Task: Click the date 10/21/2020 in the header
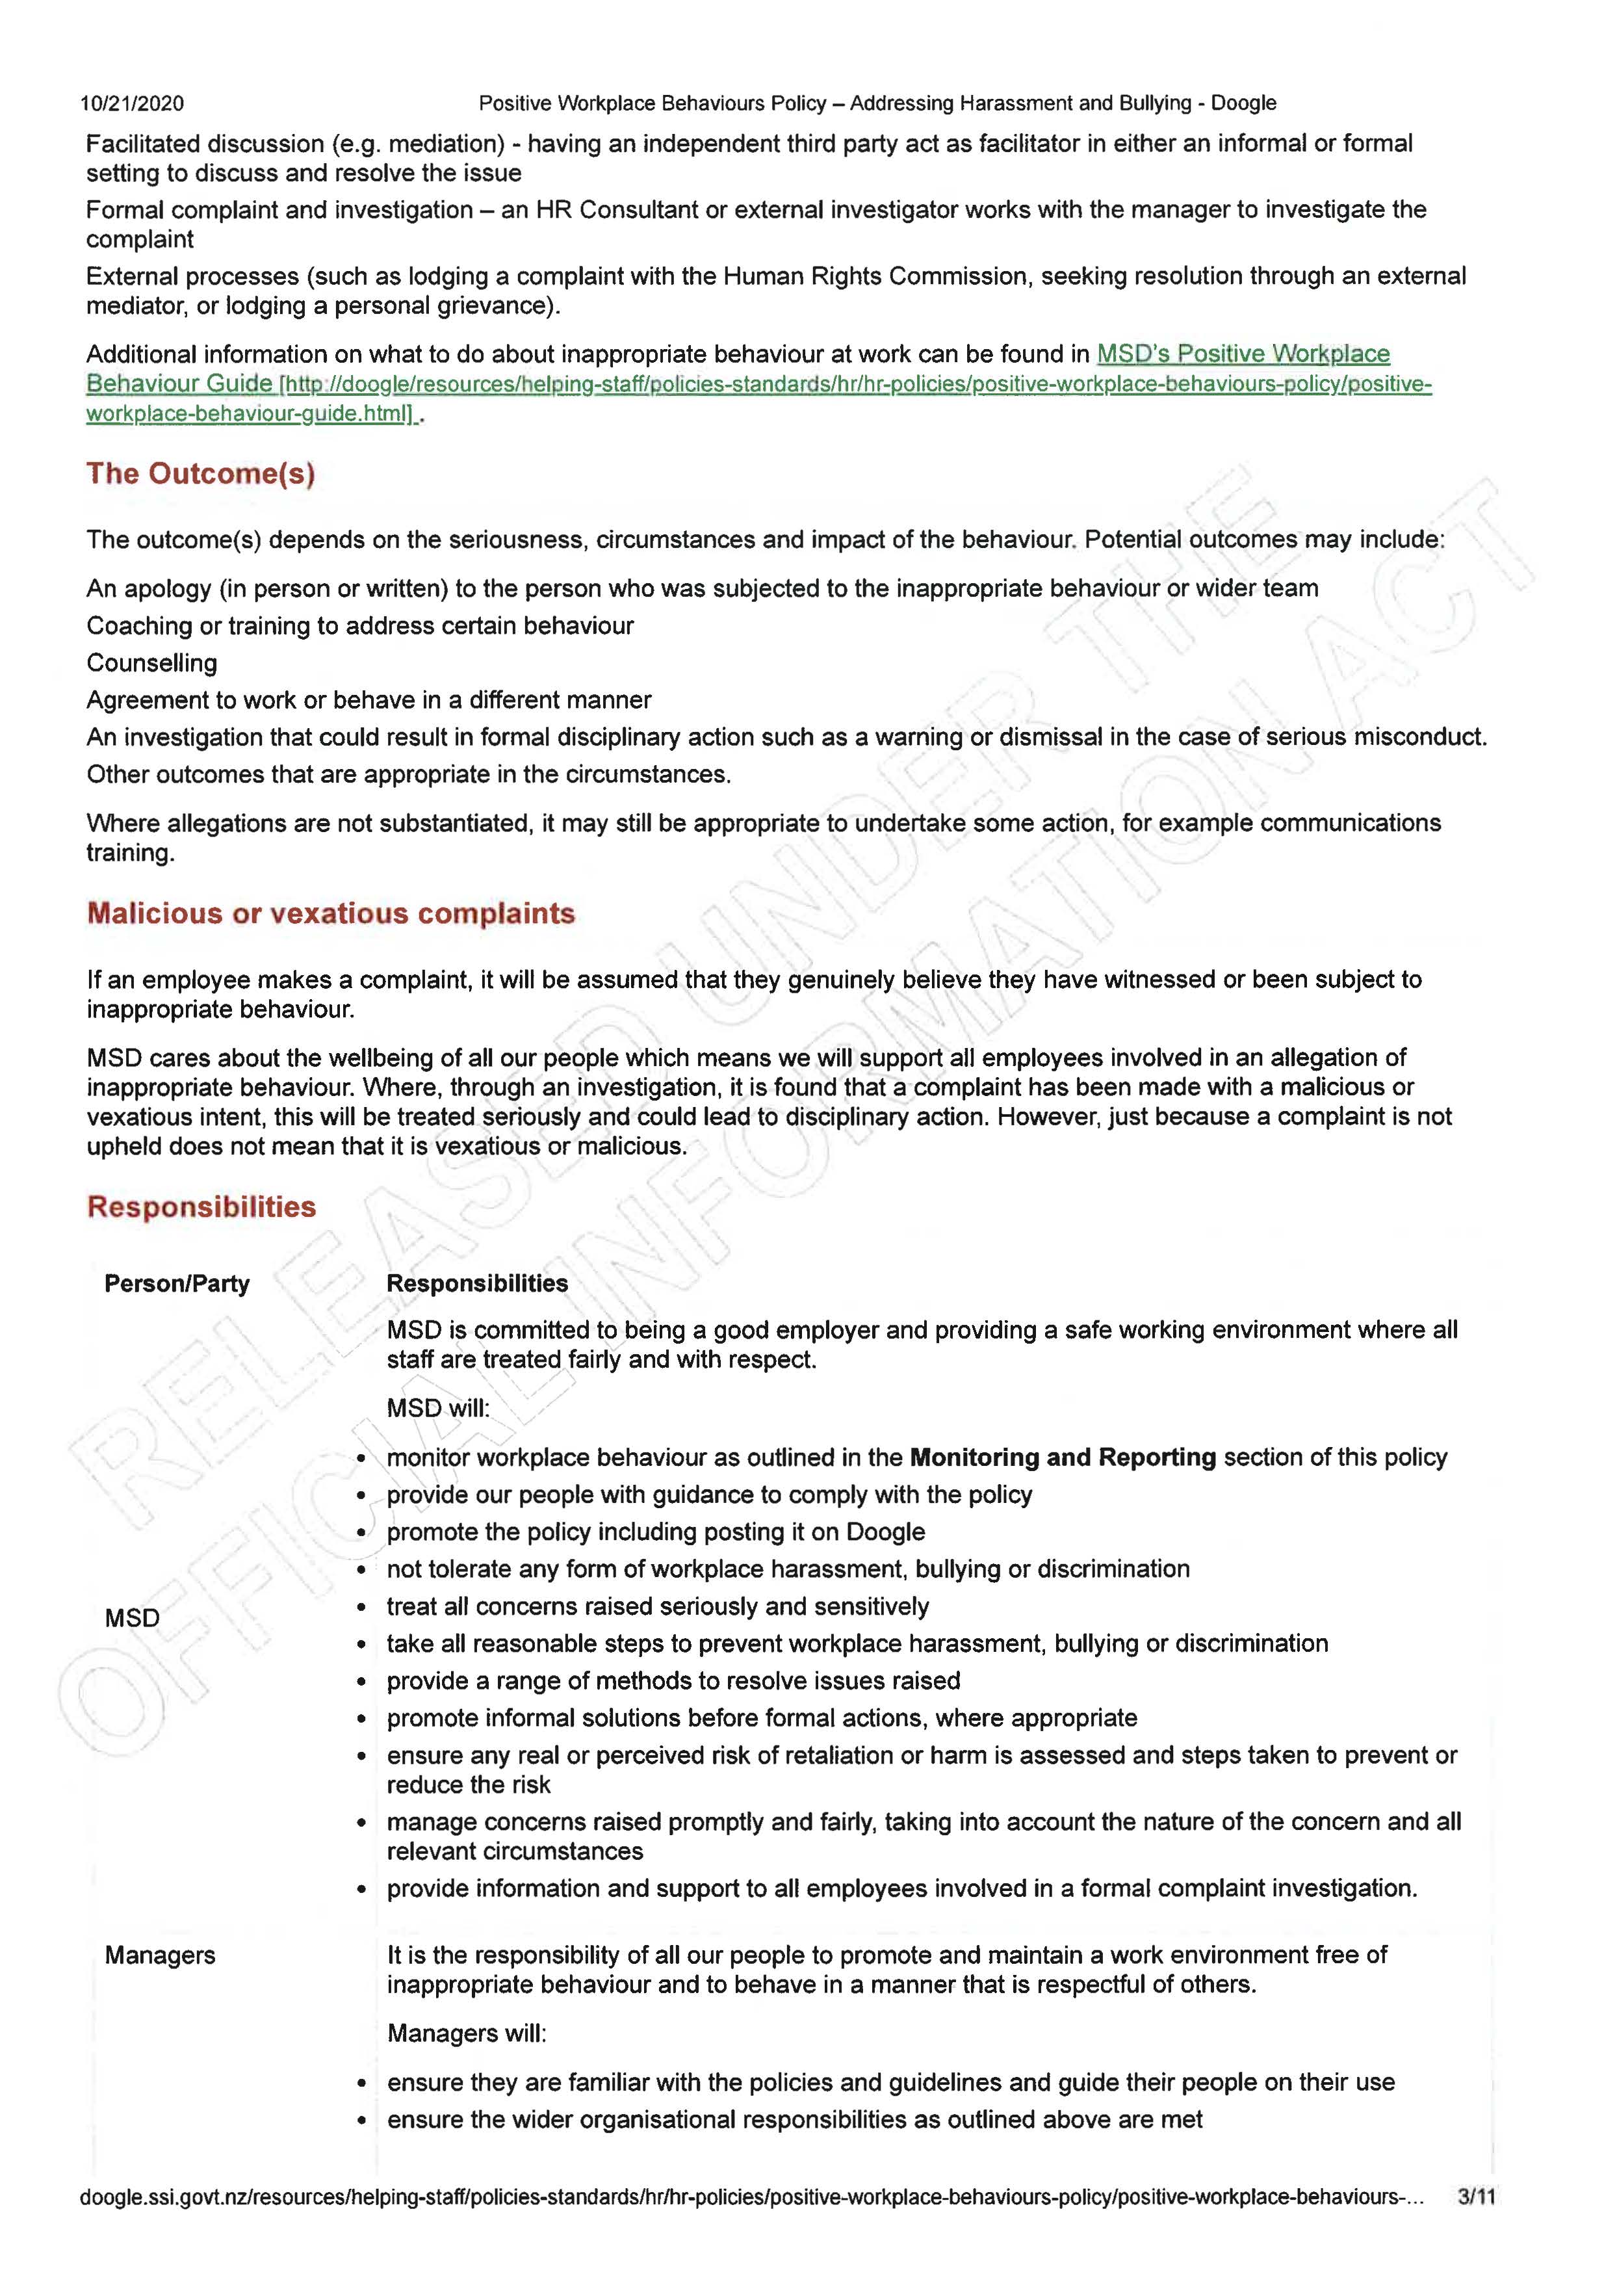tap(131, 103)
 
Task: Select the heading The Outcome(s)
tap(200, 473)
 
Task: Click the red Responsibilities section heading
tap(201, 1207)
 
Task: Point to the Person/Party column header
tap(176, 1283)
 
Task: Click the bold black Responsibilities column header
tap(477, 1283)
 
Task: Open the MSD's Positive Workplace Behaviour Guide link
tap(1243, 354)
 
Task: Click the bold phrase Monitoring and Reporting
tap(1063, 1457)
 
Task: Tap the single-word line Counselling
tap(151, 663)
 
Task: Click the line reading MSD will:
tap(438, 1408)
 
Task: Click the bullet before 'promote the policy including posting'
tap(363, 1534)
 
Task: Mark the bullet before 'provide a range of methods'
tap(363, 1682)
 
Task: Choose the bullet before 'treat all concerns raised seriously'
tap(363, 1608)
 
